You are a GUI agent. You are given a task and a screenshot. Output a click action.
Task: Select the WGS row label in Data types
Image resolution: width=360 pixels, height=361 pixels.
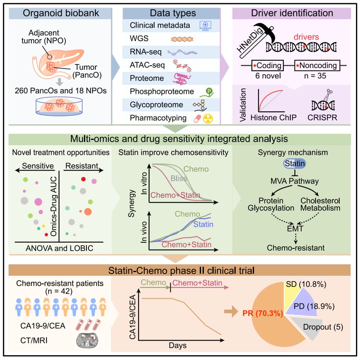pyautogui.click(x=137, y=38)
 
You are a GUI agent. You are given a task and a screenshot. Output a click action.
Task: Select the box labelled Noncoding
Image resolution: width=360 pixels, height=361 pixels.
pyautogui.click(x=318, y=66)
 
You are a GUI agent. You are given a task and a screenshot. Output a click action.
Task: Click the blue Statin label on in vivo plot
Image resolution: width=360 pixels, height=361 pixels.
pyautogui.click(x=203, y=225)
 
